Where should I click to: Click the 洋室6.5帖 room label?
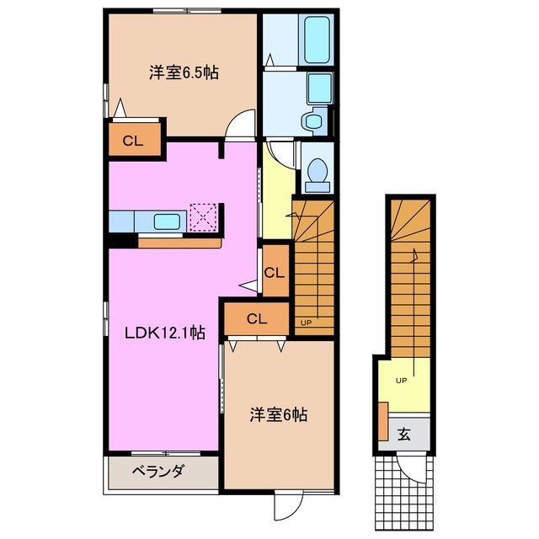click(184, 73)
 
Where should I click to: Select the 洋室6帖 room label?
click(278, 414)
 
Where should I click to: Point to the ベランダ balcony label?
click(157, 472)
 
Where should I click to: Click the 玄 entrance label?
click(403, 435)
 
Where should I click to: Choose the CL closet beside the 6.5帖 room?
click(132, 141)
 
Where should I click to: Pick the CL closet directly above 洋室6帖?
click(257, 318)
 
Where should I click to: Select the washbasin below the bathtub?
click(314, 121)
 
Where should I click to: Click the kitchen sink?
click(166, 221)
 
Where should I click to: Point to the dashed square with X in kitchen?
click(204, 216)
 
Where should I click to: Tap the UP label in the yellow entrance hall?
click(401, 381)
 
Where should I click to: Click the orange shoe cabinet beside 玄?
click(383, 423)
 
